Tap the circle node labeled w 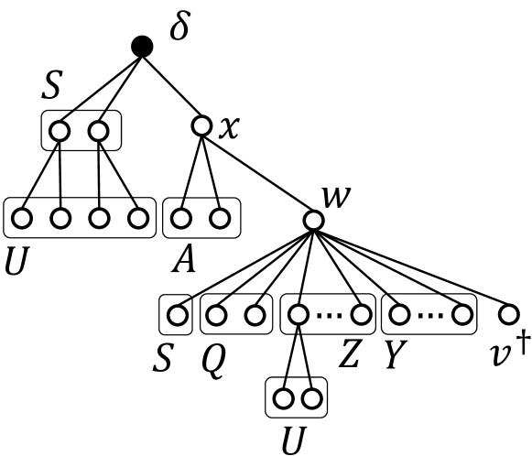point(313,221)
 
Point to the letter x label point(229,126)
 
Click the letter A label point(184,263)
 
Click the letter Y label point(396,355)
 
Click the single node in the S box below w point(176,315)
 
